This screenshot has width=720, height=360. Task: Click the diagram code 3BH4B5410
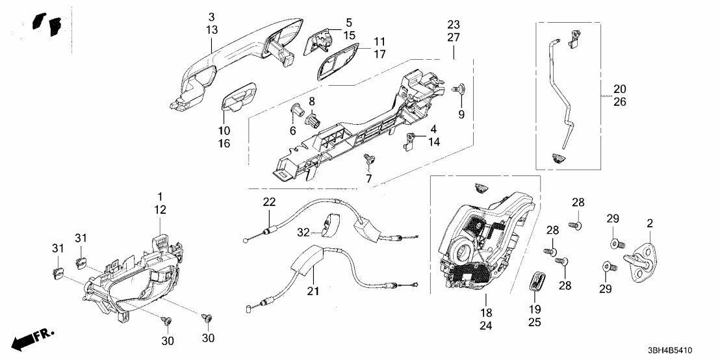pos(683,348)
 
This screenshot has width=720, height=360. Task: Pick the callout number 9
pos(462,115)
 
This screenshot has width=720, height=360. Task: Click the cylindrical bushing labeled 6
pos(298,110)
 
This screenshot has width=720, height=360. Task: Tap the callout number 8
pos(312,101)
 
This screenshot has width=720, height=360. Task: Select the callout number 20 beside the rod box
pos(619,89)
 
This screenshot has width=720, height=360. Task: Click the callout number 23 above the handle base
pos(453,24)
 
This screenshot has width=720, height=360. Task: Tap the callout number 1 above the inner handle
pos(160,196)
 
